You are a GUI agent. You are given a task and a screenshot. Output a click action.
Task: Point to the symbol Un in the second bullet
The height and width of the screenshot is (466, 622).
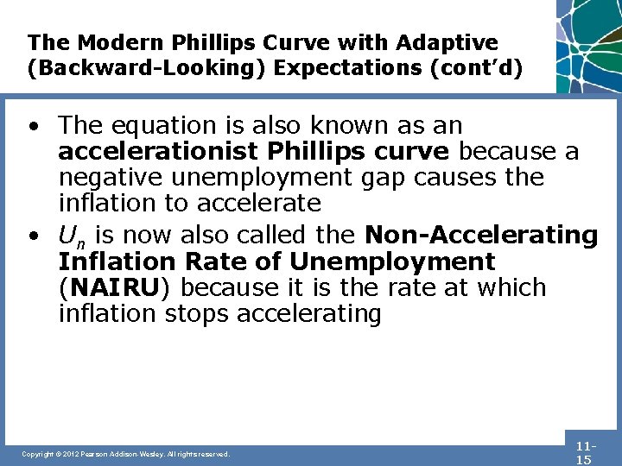(71, 236)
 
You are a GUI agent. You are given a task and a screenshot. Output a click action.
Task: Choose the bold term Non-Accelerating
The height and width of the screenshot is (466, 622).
(481, 234)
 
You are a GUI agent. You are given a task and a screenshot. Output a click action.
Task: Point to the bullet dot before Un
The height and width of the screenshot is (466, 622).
(32, 235)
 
